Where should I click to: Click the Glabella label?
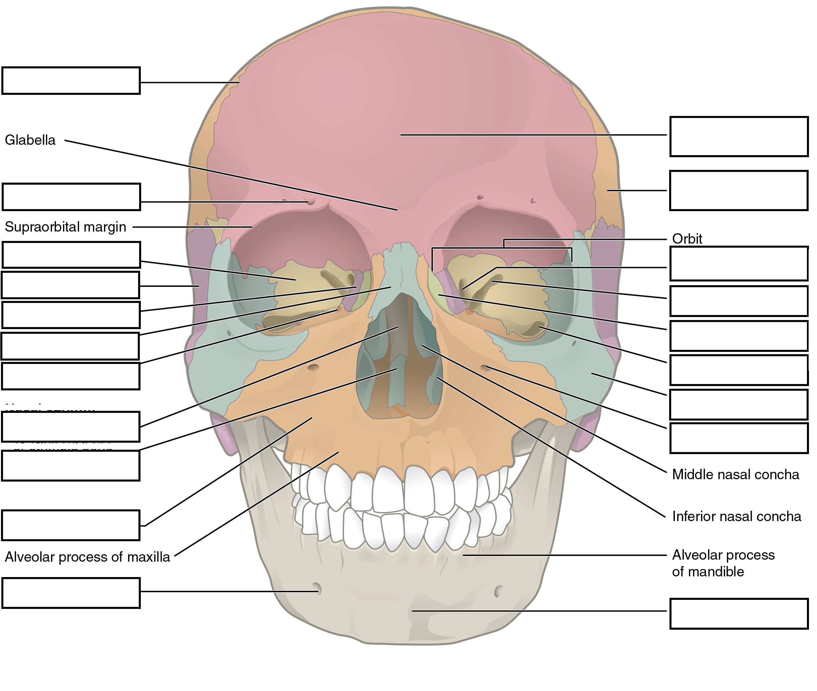point(30,140)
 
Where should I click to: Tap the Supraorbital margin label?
point(65,227)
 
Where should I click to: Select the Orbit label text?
point(687,239)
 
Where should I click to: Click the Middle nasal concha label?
point(735,475)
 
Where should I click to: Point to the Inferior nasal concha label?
point(736,516)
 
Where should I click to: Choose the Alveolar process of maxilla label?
point(87,557)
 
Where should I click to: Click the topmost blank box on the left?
point(71,81)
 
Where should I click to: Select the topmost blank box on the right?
point(739,136)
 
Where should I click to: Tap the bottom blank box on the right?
point(739,614)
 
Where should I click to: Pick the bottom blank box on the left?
point(71,593)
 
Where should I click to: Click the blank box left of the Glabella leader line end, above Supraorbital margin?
point(71,197)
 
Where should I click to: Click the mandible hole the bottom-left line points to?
point(317,588)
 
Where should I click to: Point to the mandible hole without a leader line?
point(499,591)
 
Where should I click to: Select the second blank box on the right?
point(739,190)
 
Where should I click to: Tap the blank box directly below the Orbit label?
point(739,264)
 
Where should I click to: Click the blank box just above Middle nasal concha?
point(739,438)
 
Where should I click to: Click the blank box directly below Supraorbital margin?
point(71,255)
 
